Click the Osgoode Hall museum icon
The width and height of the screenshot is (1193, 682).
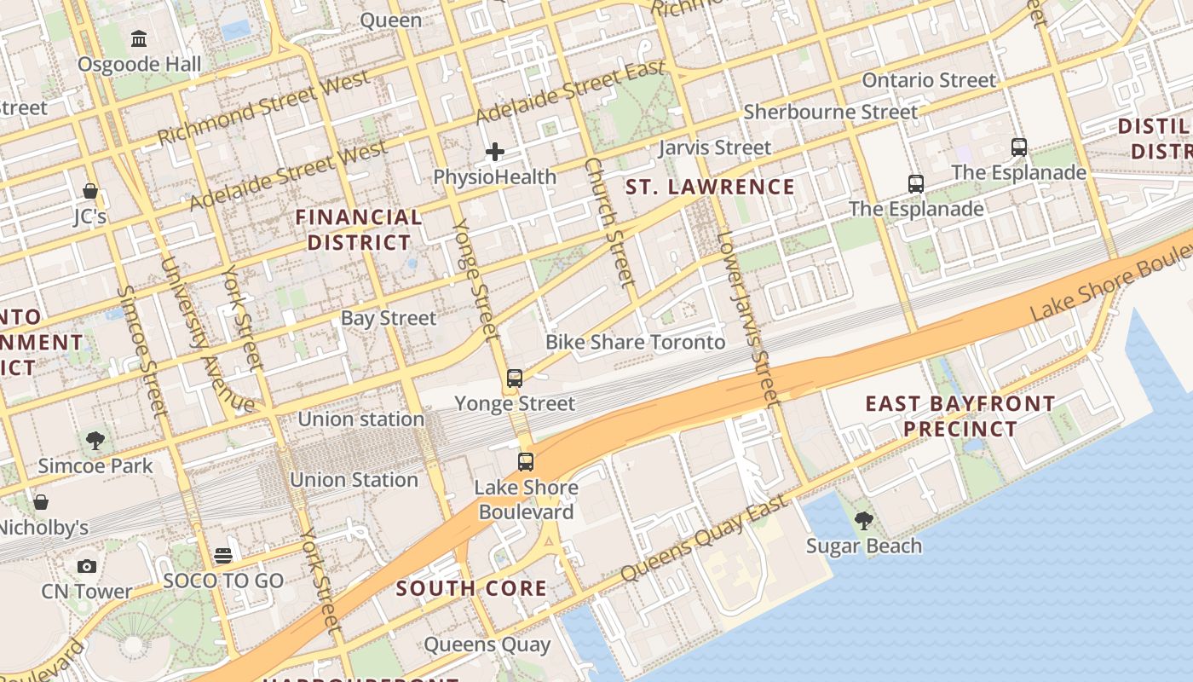coord(139,38)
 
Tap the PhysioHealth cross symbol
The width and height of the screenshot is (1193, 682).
coord(494,153)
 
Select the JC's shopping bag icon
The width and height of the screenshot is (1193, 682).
coord(90,191)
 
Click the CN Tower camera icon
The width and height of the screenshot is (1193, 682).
coord(87,566)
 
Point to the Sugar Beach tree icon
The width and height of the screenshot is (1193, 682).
coord(864,520)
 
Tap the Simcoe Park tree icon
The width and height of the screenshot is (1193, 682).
coord(95,441)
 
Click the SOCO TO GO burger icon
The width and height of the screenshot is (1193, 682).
coord(223,556)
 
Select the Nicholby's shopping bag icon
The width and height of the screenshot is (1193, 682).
coord(40,502)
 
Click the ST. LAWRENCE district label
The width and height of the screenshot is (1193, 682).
coord(710,187)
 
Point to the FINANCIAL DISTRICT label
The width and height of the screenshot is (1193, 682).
coord(359,230)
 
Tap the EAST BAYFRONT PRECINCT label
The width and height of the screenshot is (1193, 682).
coord(960,415)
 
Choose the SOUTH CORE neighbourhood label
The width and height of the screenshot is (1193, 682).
coord(471,588)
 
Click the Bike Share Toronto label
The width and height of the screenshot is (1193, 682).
coord(635,343)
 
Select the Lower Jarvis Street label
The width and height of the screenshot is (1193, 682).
coord(749,319)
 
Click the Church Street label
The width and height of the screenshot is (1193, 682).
coord(611,222)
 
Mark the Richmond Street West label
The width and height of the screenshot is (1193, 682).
coord(263,107)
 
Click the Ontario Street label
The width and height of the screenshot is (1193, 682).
coord(929,81)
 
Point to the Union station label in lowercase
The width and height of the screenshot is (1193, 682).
coord(360,419)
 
